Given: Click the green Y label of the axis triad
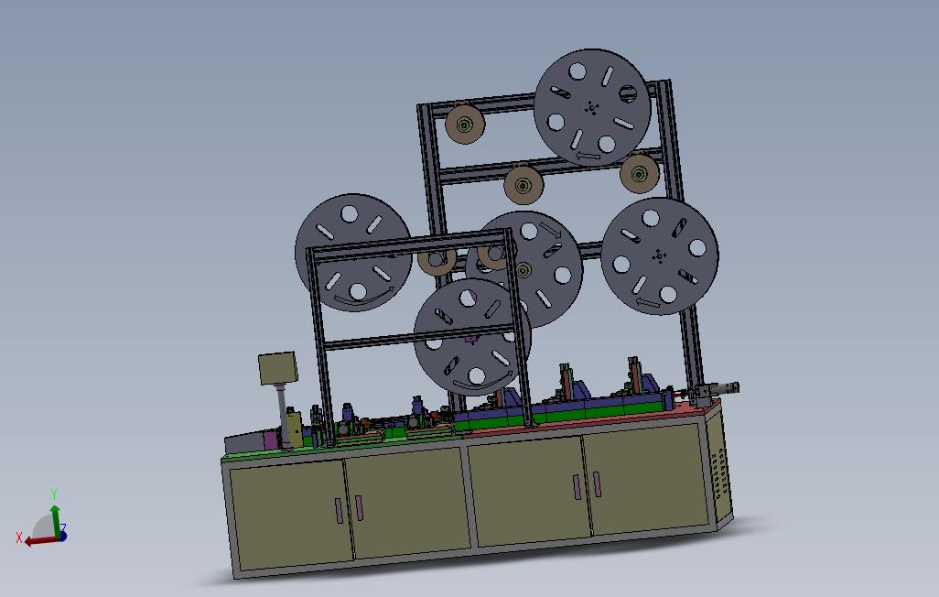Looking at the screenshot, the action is pyautogui.click(x=54, y=494).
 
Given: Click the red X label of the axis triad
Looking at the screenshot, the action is pyautogui.click(x=19, y=539).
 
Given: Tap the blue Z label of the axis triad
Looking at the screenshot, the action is pyautogui.click(x=63, y=528).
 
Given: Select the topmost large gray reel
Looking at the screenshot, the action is pyautogui.click(x=591, y=108).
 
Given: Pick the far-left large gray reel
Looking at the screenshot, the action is pyautogui.click(x=353, y=253).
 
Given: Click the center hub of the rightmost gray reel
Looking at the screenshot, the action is pyautogui.click(x=659, y=256).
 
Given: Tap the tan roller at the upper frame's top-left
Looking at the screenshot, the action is pyautogui.click(x=465, y=125).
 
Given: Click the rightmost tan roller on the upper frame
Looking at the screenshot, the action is pyautogui.click(x=640, y=174).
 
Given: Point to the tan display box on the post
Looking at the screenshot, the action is pyautogui.click(x=278, y=368).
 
